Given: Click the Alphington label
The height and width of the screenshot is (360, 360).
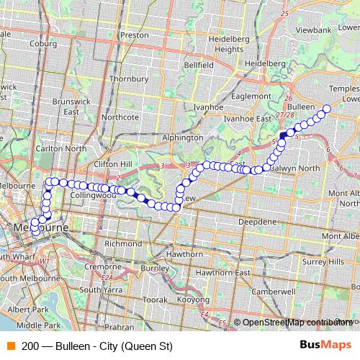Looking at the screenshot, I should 183,137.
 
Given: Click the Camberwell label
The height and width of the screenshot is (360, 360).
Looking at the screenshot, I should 269,292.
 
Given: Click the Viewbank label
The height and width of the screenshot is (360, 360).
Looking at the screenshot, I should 312,31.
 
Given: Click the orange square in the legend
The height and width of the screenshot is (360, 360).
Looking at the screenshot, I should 9,346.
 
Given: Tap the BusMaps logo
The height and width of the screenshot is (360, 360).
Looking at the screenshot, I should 325,345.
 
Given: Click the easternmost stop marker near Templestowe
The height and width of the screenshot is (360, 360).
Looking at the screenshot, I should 326,109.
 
